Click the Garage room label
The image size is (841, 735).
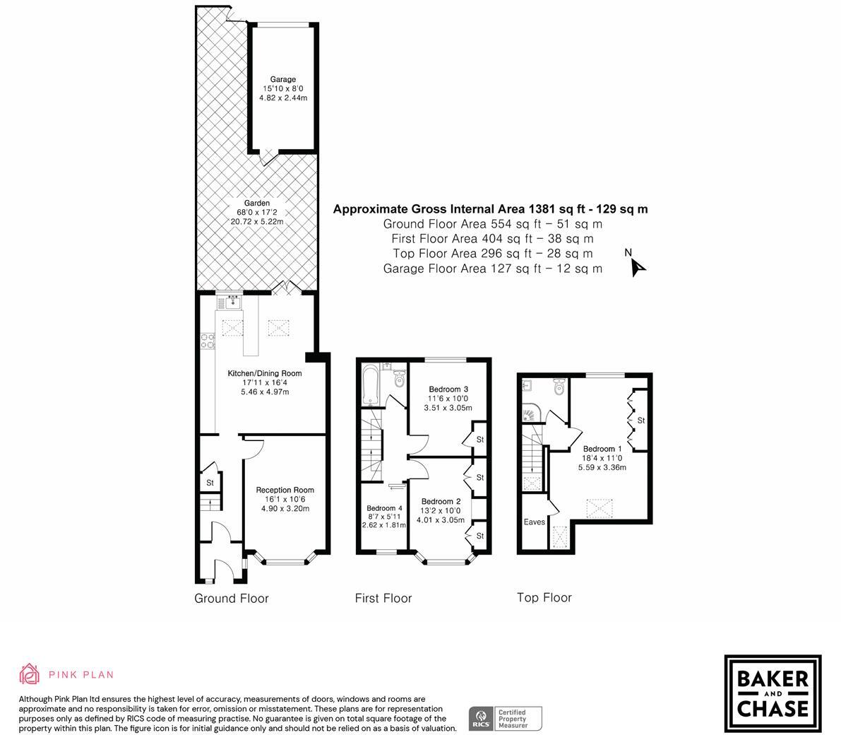coord(283,79)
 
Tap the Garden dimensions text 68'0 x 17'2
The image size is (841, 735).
coord(256,212)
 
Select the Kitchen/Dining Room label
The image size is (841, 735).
coord(264,373)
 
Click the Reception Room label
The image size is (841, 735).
coord(285,490)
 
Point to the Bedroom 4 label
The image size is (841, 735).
coord(384,508)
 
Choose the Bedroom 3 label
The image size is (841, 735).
coord(448,389)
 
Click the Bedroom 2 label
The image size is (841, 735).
coord(441,502)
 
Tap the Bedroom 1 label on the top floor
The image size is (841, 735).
coord(602,449)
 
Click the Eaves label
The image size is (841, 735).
coord(534,522)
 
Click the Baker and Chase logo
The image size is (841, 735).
coord(773,693)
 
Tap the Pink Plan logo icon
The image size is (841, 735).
coord(30,674)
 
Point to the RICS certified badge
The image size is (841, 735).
coord(506,718)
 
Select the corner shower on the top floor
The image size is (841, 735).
coord(530,413)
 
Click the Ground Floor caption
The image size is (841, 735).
coord(232,599)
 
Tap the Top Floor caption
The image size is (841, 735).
coord(544,598)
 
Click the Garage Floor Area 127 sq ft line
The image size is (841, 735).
coord(492,269)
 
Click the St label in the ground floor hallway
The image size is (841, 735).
coord(210,483)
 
